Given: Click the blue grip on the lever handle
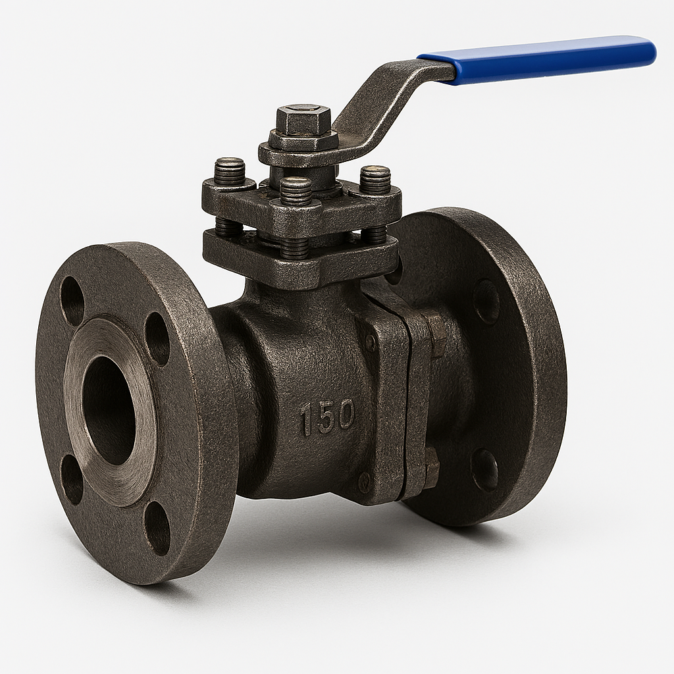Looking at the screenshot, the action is click(x=536, y=59).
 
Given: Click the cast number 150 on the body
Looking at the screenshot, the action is click(x=328, y=416).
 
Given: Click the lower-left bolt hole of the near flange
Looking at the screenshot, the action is click(x=72, y=479).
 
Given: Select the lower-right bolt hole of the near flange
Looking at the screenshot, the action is click(x=157, y=528).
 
